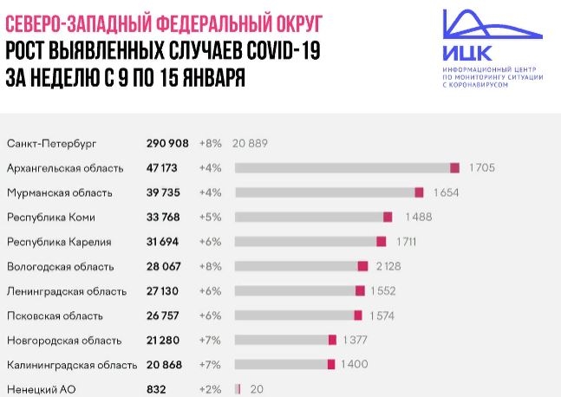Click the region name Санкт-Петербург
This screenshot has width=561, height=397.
(50, 142)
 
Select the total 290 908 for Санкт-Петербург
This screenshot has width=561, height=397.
(169, 142)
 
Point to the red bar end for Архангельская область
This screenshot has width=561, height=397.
(454, 167)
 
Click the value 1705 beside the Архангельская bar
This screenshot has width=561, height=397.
(481, 167)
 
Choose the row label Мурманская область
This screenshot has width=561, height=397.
(63, 192)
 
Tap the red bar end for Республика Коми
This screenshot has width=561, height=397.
(388, 217)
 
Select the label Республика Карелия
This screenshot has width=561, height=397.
(62, 242)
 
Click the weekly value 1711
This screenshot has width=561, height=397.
(408, 242)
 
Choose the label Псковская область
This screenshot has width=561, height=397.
(55, 316)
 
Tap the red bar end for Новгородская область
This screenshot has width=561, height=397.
(332, 341)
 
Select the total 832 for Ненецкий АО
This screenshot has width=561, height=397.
(157, 390)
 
